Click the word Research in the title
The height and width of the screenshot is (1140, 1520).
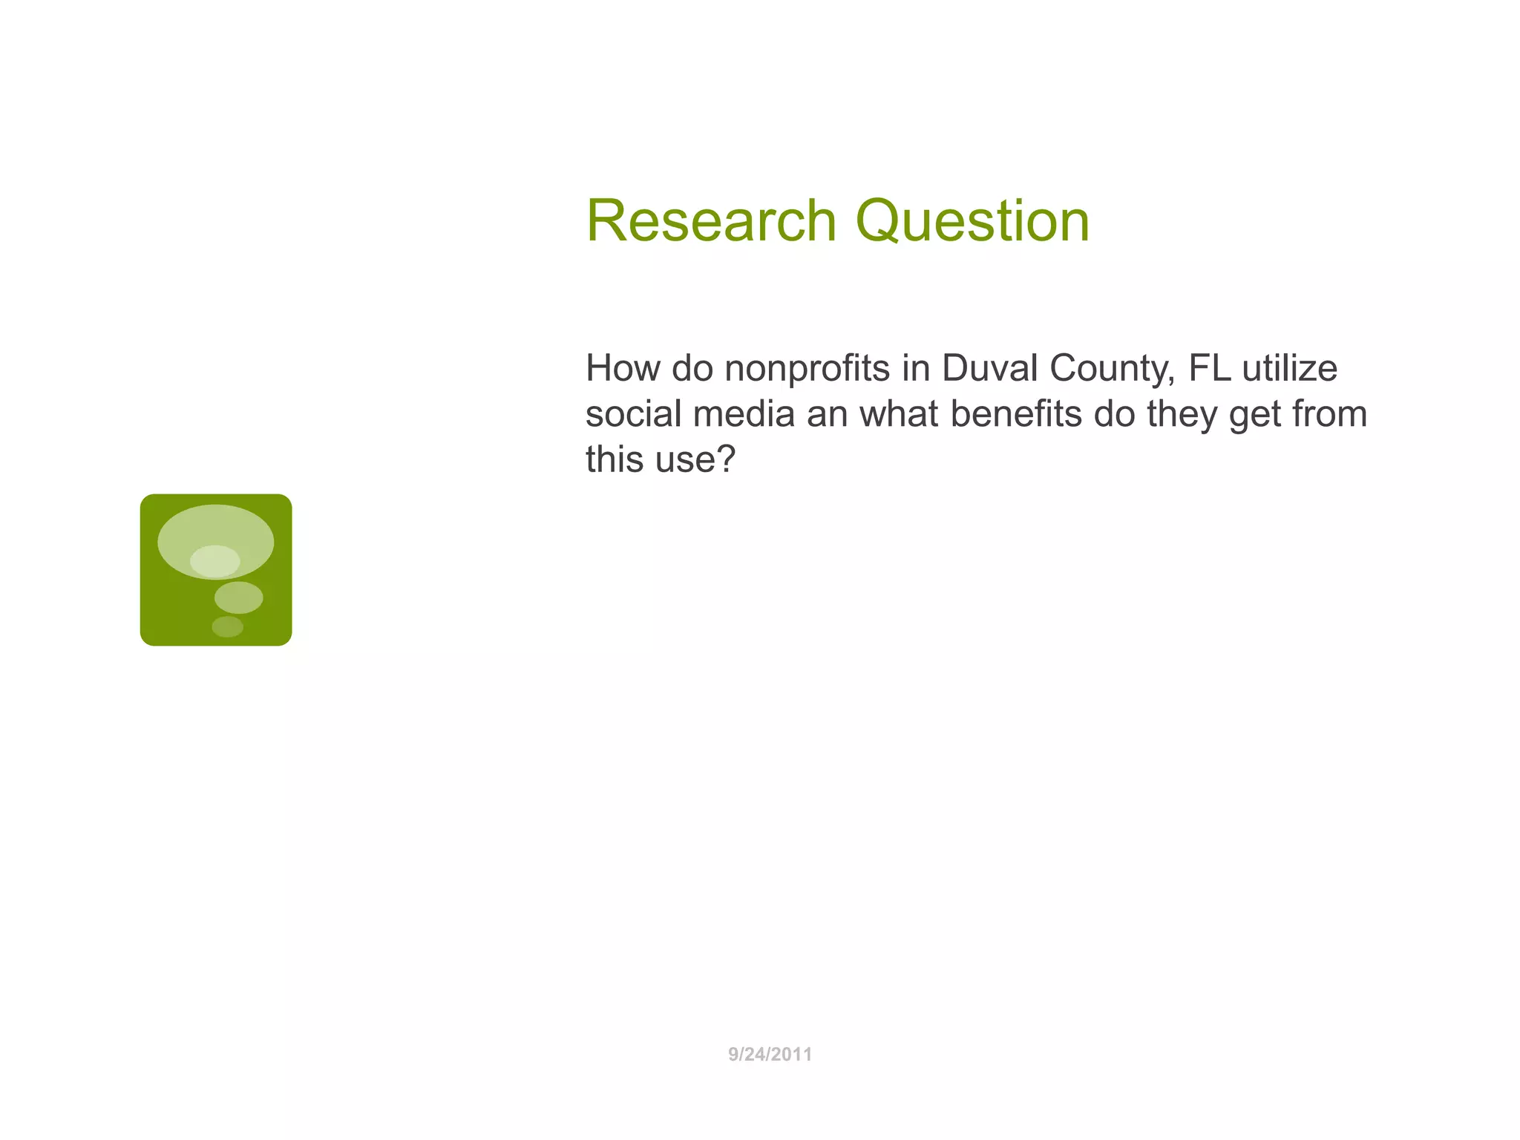tap(711, 220)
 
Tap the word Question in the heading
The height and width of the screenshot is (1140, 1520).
tap(972, 220)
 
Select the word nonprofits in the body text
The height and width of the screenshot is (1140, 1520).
tap(807, 368)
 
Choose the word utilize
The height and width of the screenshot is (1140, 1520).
tap(1290, 368)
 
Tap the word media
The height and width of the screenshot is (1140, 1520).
tap(744, 413)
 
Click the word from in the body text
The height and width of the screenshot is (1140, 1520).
tap(1329, 413)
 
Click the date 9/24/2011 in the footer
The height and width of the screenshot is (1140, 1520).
tap(770, 1054)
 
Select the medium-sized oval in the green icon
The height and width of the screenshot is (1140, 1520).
tap(238, 597)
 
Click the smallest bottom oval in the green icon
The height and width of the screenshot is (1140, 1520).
tap(227, 626)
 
